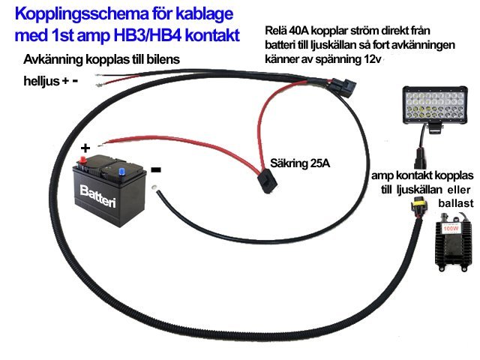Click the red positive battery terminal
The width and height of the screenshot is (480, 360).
84,160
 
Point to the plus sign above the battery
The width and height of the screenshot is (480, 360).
85,147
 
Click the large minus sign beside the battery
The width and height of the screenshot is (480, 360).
155,169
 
